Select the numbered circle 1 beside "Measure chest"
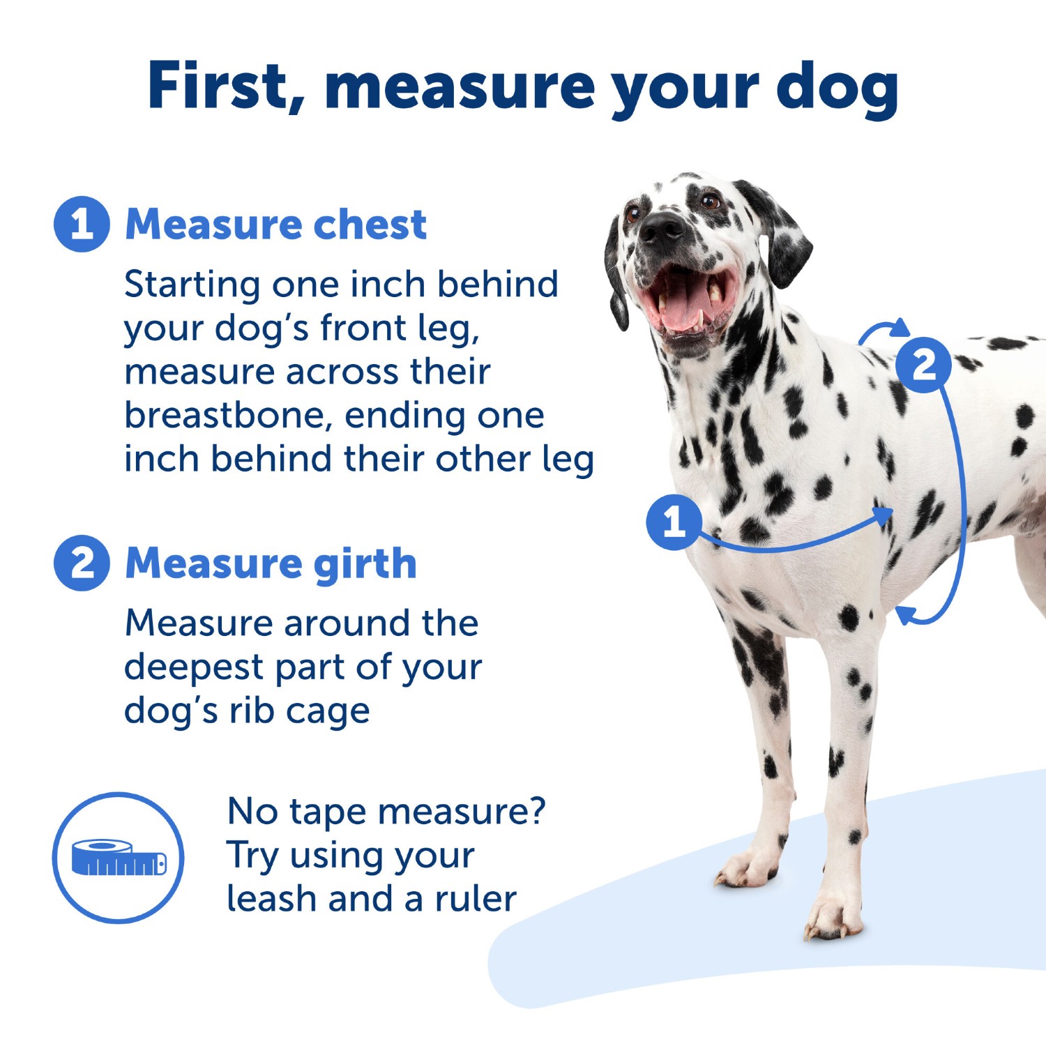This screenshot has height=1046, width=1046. [82, 224]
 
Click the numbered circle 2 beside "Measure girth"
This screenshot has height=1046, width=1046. [82, 563]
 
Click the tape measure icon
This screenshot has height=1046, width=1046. [119, 858]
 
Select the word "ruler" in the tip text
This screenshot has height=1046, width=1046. [476, 898]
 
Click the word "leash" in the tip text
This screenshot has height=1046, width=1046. [273, 898]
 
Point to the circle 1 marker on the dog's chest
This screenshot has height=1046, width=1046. [674, 522]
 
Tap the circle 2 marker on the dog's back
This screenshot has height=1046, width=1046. [924, 365]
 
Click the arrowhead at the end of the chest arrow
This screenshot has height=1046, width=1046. [884, 517]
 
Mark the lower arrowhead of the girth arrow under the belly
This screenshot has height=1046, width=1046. [905, 615]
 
